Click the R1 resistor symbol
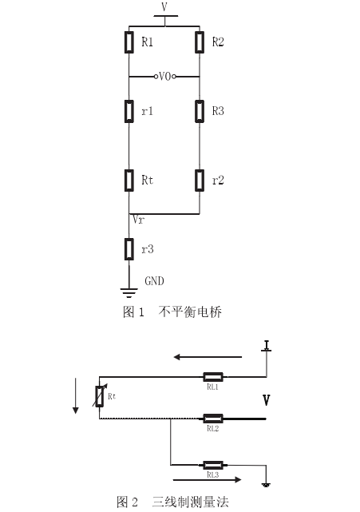tap(129, 42)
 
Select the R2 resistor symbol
tap(200, 42)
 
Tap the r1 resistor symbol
tap(129, 111)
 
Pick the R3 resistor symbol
tap(200, 111)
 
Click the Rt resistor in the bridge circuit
tap(129, 181)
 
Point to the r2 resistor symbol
tap(200, 181)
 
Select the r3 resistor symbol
tap(129, 249)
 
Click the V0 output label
tap(164, 77)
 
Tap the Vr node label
tap(138, 220)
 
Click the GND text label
tap(154, 281)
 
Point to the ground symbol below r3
tap(129, 293)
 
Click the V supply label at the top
tap(164, 6)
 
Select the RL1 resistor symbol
tap(213, 377)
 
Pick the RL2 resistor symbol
tap(213, 419)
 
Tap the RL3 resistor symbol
tap(213, 465)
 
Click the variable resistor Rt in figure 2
tap(100, 396)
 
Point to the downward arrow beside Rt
tap(76, 395)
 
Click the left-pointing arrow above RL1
tap(208, 357)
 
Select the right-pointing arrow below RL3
tap(208, 480)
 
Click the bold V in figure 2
tap(267, 400)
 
